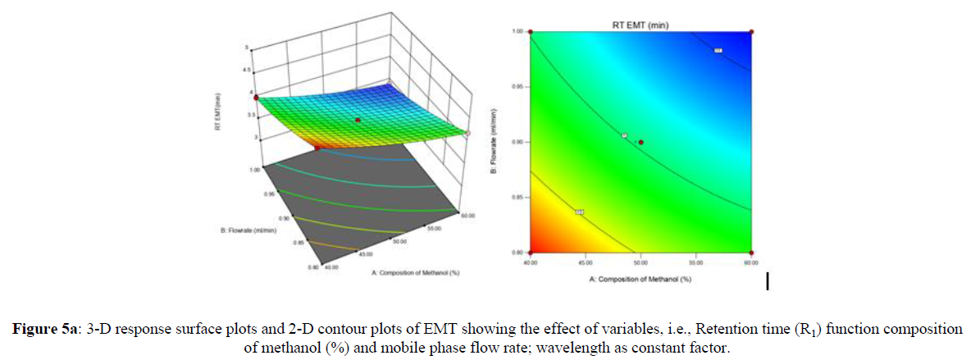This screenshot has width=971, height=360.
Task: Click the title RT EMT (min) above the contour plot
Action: (640, 25)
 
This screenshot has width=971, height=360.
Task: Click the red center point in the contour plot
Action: (641, 142)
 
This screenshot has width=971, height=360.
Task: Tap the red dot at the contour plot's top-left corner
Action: (531, 32)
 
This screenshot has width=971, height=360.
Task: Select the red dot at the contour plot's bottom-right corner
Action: (752, 252)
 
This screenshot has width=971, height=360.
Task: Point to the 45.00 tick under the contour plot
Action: (586, 262)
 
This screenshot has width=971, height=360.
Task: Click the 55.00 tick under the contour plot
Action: (696, 262)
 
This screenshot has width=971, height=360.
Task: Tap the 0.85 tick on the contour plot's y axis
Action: (518, 197)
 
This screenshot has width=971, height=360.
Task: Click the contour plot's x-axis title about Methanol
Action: (640, 280)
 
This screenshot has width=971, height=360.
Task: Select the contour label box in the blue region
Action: (718, 52)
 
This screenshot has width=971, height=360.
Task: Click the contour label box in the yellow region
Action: (579, 212)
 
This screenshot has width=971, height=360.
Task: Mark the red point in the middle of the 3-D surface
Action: (358, 120)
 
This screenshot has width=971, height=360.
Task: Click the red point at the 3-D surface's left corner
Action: (256, 97)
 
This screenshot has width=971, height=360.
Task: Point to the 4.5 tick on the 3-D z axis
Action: (246, 71)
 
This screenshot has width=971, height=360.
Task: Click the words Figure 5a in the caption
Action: (42, 329)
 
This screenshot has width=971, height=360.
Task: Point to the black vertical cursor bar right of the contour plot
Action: (768, 281)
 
